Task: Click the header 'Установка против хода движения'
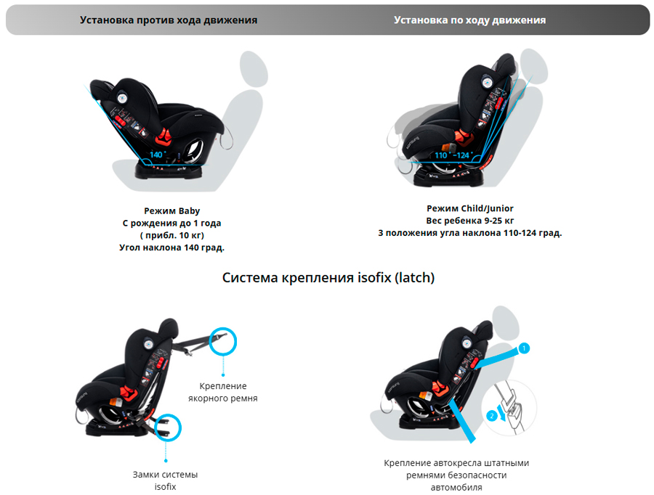[169, 20]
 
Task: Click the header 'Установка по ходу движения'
[469, 20]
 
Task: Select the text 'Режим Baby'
[171, 211]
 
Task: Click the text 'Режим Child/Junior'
[470, 209]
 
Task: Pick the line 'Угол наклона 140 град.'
[171, 247]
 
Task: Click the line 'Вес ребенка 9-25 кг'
[470, 221]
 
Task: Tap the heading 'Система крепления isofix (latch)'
[328, 278]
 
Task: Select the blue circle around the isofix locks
[166, 429]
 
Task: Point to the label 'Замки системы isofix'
[165, 480]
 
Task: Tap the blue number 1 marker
[525, 348]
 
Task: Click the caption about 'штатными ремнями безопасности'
[456, 475]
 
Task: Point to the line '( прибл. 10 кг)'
[171, 236]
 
